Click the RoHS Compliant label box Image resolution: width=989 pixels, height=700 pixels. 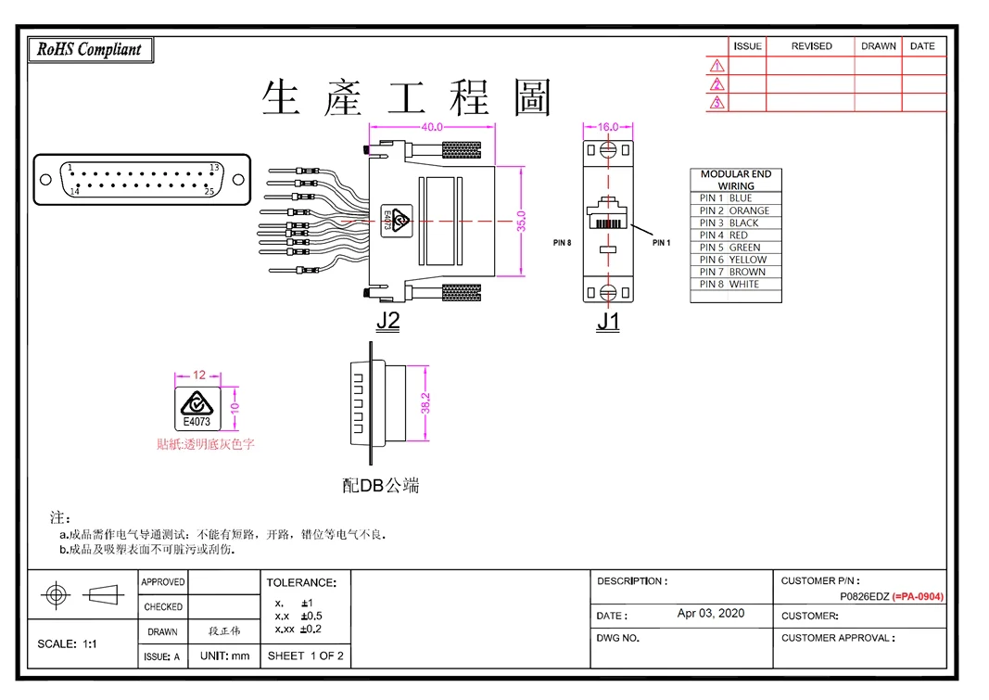90,50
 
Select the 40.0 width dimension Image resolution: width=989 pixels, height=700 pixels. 431,127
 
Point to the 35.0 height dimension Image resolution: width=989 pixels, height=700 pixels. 521,222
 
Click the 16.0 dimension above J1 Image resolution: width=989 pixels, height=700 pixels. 607,127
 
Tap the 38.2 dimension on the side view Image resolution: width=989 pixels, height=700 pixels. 425,403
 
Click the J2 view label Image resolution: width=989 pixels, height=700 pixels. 387,321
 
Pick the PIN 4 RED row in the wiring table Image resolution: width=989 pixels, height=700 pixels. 735,235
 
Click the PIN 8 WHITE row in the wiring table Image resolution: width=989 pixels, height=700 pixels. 735,285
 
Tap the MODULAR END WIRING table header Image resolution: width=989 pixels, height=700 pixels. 735,180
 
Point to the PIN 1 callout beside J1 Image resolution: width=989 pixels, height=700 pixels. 661,243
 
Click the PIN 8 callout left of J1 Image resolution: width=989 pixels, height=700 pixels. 562,243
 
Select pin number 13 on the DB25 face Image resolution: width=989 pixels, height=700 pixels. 214,168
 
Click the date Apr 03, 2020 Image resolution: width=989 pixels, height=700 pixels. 711,613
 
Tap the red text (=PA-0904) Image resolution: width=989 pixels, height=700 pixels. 919,596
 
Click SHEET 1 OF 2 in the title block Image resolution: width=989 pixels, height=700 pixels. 306,655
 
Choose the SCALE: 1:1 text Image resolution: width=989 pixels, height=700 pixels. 67,643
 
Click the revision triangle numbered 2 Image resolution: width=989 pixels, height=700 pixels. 717,84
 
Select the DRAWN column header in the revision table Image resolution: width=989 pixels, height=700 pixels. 879,46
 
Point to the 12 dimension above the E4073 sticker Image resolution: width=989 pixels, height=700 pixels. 199,375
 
